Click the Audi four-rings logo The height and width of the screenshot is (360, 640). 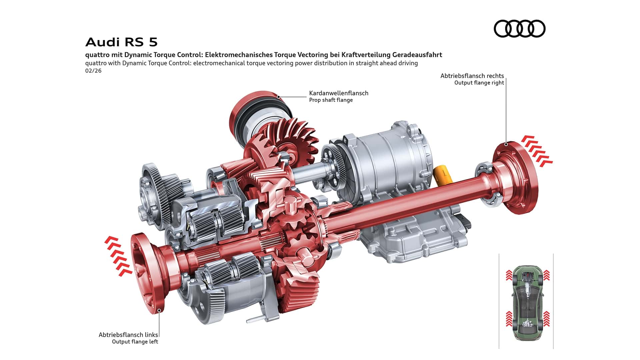519,28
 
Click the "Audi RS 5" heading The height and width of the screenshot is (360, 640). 121,42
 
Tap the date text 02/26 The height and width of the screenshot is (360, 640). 93,71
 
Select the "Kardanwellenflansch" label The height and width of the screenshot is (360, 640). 339,93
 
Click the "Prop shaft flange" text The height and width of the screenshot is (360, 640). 331,100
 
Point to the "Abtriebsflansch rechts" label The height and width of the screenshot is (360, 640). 472,76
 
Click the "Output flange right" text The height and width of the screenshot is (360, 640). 479,83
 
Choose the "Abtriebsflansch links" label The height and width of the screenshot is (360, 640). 128,335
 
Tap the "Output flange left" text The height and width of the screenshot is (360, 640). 135,342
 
